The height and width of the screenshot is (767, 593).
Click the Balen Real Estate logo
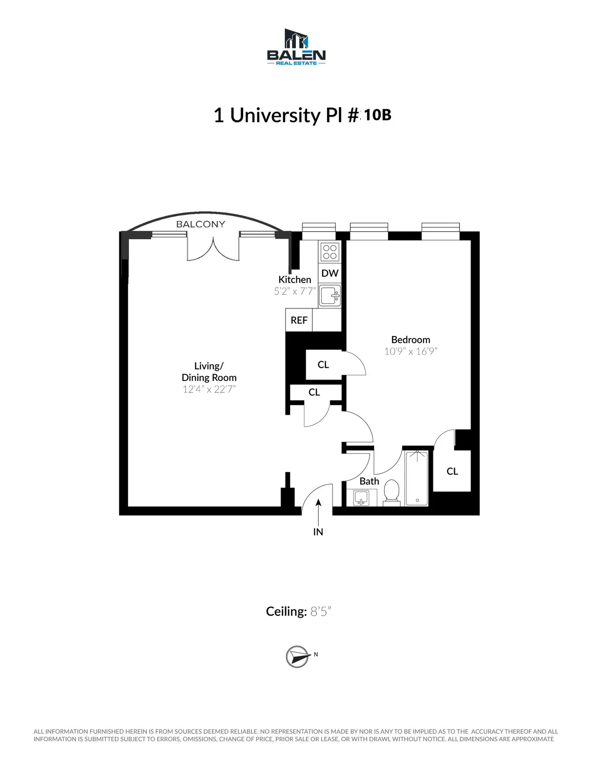click(x=296, y=47)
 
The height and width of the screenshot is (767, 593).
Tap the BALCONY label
click(x=201, y=224)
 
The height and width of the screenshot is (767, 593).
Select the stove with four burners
click(x=330, y=252)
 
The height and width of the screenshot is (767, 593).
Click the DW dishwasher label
click(x=330, y=273)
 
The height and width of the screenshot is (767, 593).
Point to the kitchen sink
click(x=329, y=296)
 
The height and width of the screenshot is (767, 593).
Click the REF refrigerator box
click(x=299, y=320)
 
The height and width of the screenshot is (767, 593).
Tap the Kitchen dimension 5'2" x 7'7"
click(x=295, y=291)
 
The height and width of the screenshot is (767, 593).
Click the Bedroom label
click(x=410, y=340)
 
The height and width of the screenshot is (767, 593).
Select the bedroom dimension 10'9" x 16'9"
click(x=411, y=351)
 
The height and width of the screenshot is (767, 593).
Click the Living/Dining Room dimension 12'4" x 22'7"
click(x=209, y=389)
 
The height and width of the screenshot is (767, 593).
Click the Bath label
click(x=369, y=481)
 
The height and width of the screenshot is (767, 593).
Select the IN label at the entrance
click(x=318, y=532)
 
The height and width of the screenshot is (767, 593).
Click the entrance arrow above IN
click(x=318, y=511)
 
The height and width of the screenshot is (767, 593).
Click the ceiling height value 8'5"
click(x=320, y=611)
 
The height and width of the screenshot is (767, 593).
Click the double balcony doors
click(x=213, y=249)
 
